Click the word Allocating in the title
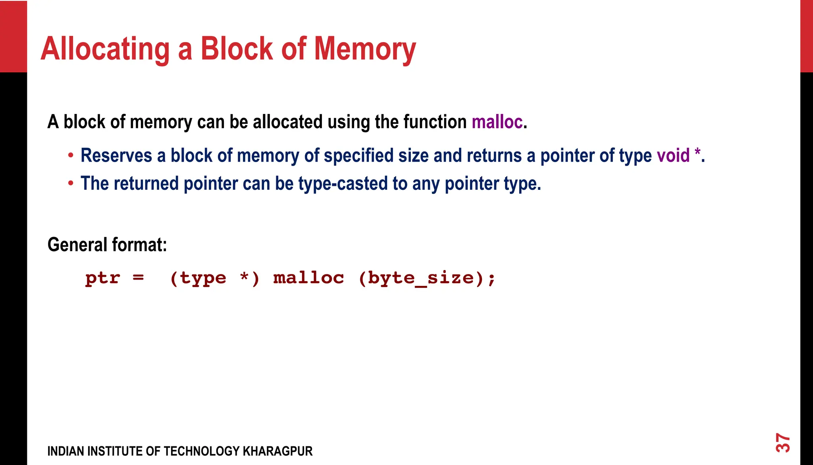pyautogui.click(x=105, y=49)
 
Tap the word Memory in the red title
pyautogui.click(x=365, y=49)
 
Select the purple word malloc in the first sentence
pyautogui.click(x=497, y=122)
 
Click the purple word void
pyautogui.click(x=673, y=155)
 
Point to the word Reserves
pyautogui.click(x=116, y=155)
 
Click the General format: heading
pyautogui.click(x=107, y=245)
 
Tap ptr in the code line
pyautogui.click(x=102, y=278)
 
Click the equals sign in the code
pyautogui.click(x=138, y=278)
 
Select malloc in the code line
pyautogui.click(x=308, y=278)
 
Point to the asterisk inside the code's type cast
pyautogui.click(x=245, y=277)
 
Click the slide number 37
pyautogui.click(x=783, y=443)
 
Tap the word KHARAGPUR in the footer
pyautogui.click(x=277, y=451)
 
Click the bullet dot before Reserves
pyautogui.click(x=71, y=155)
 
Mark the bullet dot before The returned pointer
pyautogui.click(x=71, y=183)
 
